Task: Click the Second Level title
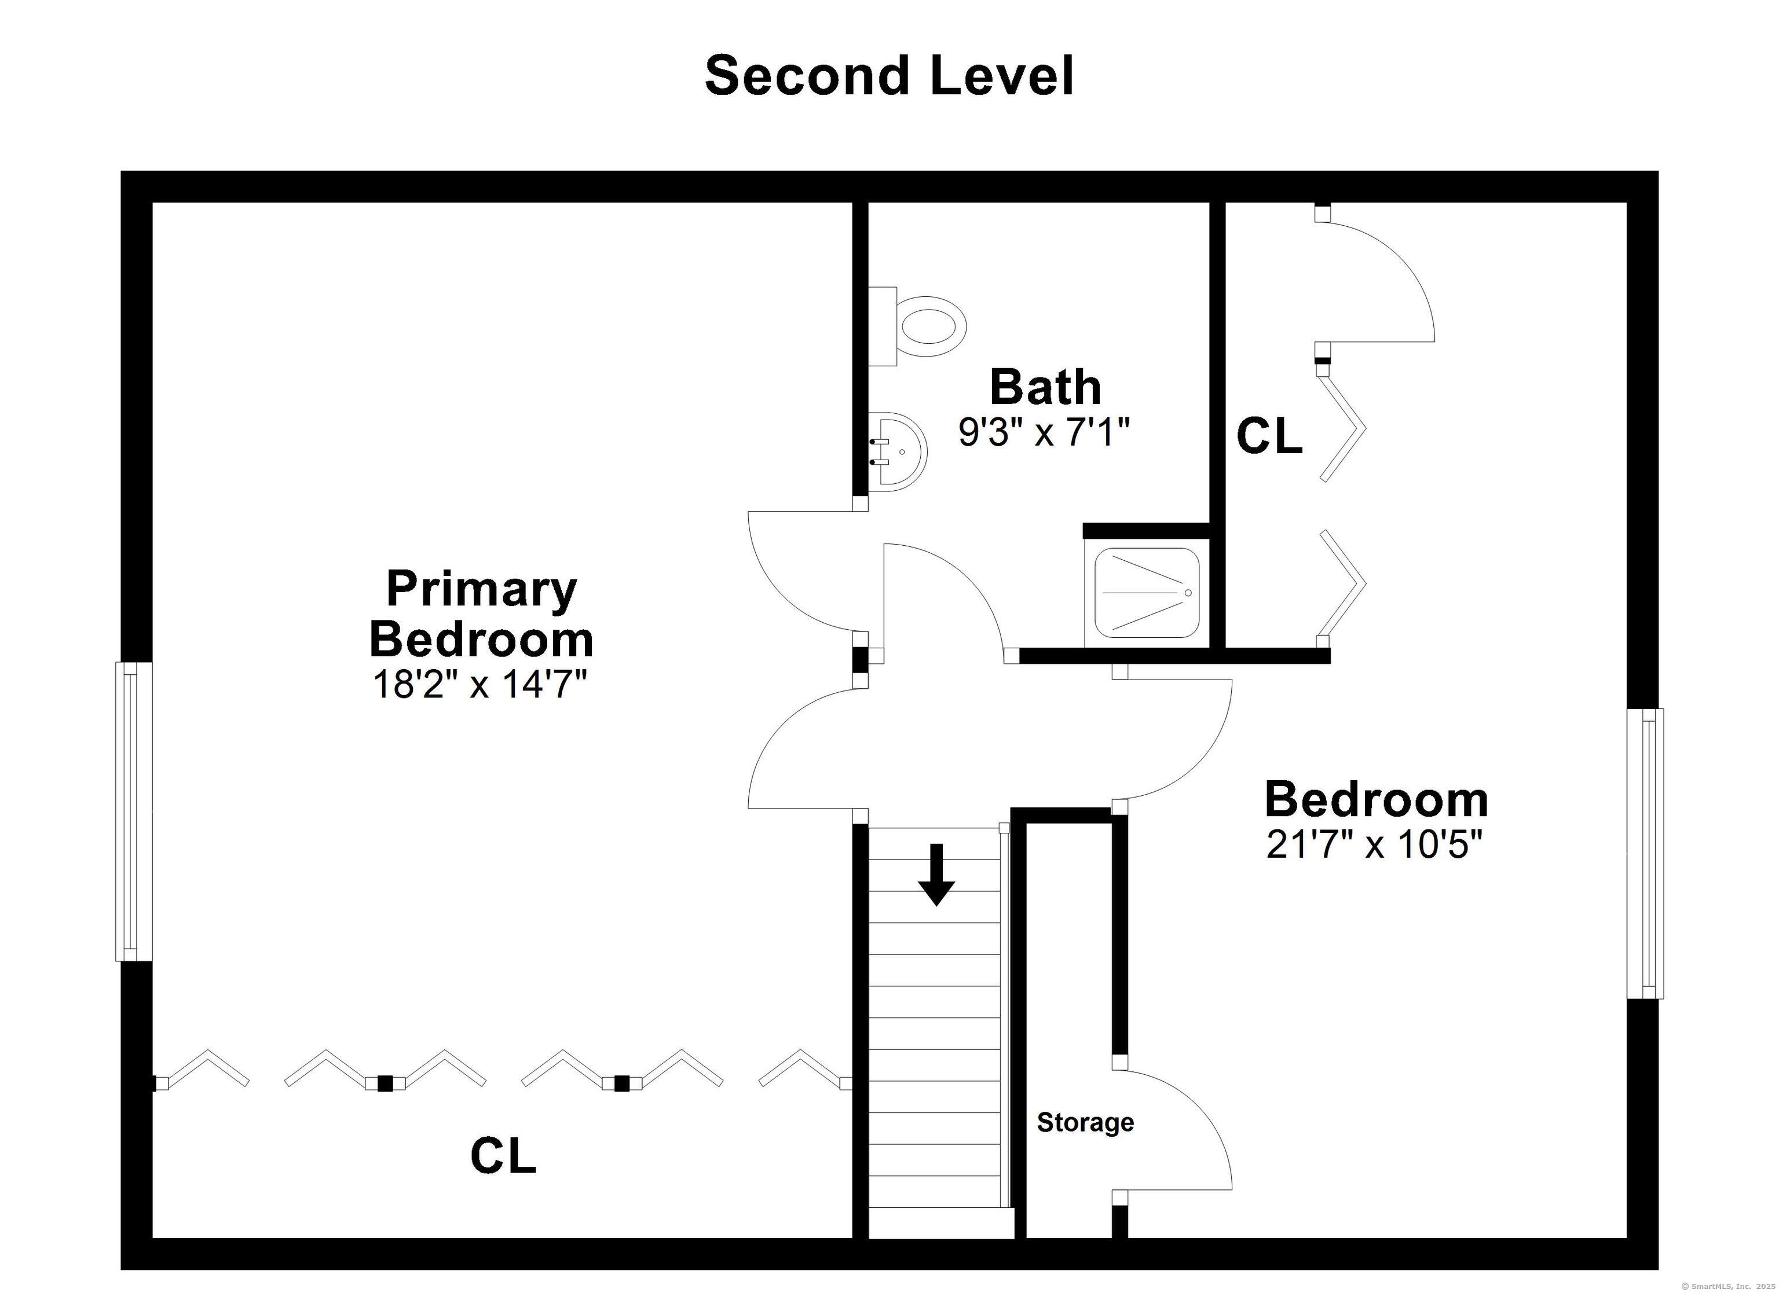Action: (889, 76)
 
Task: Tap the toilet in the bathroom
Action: (918, 326)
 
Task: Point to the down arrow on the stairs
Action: (936, 875)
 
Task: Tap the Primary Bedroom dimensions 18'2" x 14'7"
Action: (480, 684)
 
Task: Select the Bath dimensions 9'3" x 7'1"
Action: (1044, 431)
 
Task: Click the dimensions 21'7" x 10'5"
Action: (1375, 844)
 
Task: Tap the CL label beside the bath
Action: (1269, 435)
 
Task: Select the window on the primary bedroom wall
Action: (133, 811)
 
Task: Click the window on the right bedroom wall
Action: (1645, 854)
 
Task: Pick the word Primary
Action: (482, 590)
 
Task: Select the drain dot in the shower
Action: (1188, 592)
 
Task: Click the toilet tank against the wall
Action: (883, 326)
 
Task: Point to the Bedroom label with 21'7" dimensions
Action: (1376, 800)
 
